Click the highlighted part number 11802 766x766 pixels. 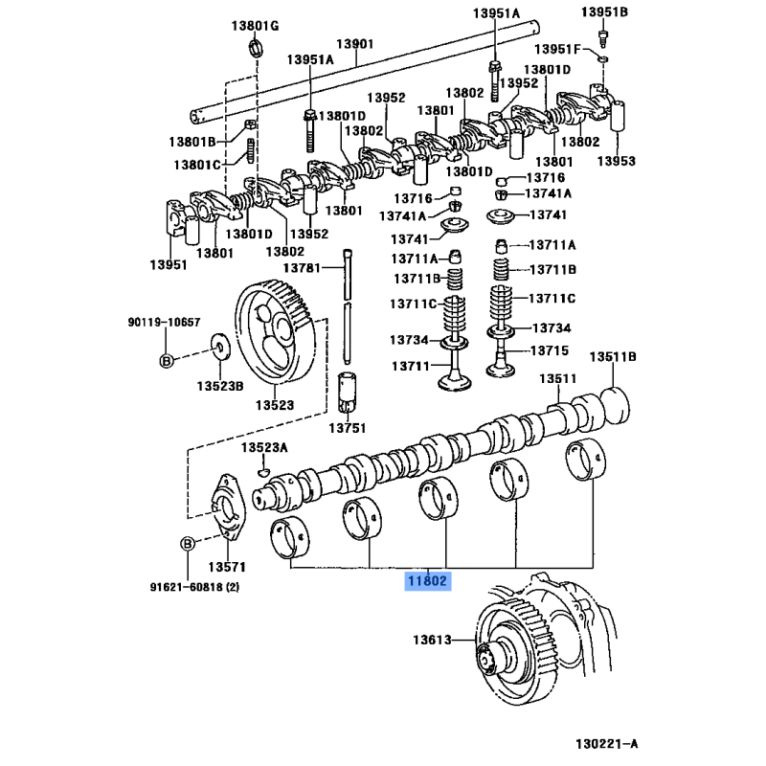point(427,580)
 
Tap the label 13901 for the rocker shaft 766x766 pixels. point(353,44)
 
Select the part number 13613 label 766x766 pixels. point(432,640)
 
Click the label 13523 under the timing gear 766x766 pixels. point(274,406)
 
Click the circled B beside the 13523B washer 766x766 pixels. point(165,360)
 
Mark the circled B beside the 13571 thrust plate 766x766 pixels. point(188,544)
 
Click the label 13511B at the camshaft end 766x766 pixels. point(613,357)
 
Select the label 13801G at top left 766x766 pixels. point(254,26)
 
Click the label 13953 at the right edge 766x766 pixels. point(617,162)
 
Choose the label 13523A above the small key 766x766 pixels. point(263,448)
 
